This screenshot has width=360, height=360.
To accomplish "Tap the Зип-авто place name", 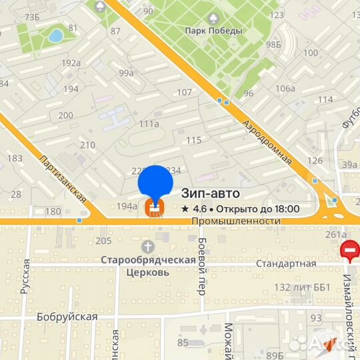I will [x=211, y=193].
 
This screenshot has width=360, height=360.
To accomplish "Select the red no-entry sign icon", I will [x=350, y=251].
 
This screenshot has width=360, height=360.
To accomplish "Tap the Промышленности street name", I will [x=235, y=221].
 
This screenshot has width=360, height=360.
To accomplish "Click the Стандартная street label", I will [x=289, y=263].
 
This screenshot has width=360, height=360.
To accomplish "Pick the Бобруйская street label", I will [x=67, y=317].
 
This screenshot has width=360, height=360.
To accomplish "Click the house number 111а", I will [x=149, y=123].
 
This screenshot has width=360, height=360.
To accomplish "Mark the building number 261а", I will [x=335, y=234].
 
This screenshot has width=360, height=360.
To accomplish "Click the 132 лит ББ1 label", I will [x=303, y=287].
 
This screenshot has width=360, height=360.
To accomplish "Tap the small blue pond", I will [x=55, y=35].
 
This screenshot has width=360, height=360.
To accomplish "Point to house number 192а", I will [x=71, y=63].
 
